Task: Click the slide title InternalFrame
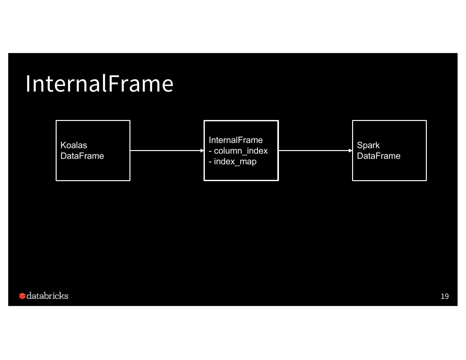99,84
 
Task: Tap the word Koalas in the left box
74,145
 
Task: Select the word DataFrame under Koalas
82,156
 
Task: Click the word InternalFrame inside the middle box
236,140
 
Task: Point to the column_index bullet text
241,151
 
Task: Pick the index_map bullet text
235,161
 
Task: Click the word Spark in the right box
368,145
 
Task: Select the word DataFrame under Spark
379,156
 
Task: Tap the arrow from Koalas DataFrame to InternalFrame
165,150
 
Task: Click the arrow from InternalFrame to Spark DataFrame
314,150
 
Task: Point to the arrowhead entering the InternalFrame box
202,150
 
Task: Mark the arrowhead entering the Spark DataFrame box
350,150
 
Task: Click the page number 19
445,296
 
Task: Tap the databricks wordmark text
48,296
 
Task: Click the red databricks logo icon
22,296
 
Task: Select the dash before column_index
210,151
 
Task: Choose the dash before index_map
210,162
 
